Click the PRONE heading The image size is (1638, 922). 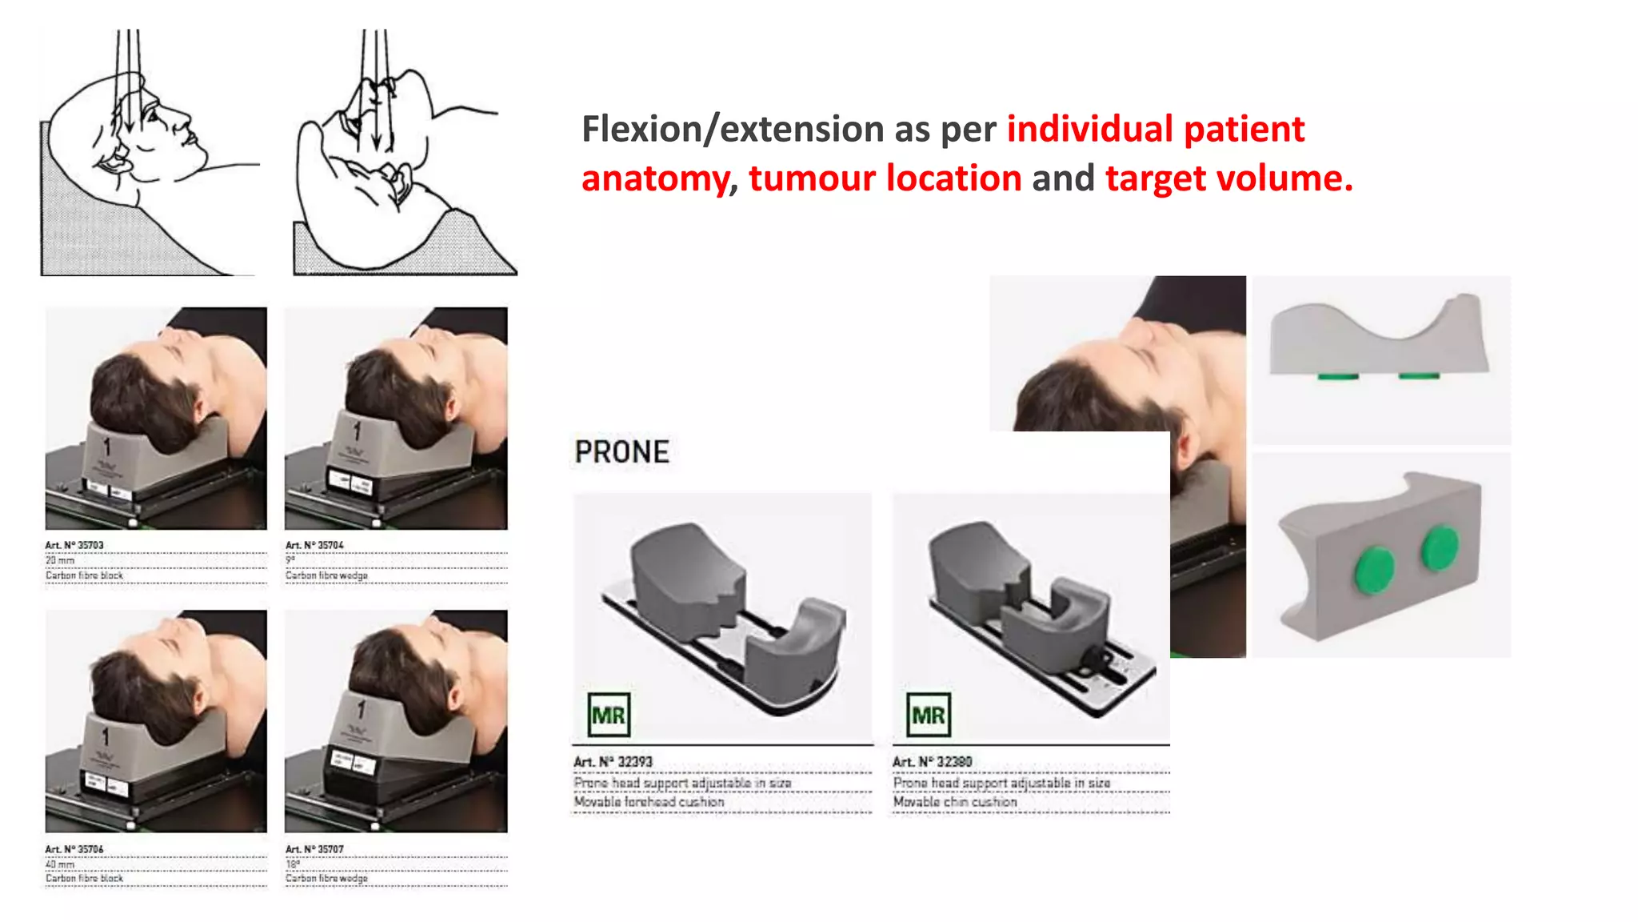coord(621,452)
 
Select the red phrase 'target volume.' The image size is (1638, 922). coord(1228,178)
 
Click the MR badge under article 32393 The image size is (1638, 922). coord(609,715)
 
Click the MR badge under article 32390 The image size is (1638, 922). coord(929,715)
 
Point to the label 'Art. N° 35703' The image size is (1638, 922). coord(74,545)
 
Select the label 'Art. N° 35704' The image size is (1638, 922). coord(314,545)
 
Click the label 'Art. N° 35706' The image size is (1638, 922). coord(74,849)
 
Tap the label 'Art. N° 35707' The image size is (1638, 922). coord(314,849)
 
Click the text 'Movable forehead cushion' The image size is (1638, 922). coord(649,802)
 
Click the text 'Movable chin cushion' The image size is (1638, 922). coord(955,802)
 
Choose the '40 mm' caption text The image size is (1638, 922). coord(60,864)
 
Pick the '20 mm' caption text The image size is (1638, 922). coord(60,560)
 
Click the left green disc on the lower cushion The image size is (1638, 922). coord(1374,570)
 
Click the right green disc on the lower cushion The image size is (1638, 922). coord(1440,547)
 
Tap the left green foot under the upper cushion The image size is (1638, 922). coord(1336,375)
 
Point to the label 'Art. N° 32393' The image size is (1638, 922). coord(613,762)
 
